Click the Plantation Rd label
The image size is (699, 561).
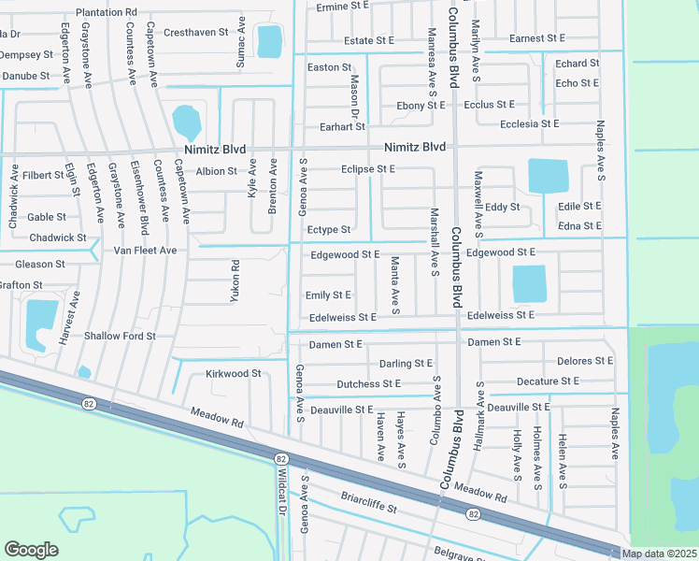(x=107, y=12)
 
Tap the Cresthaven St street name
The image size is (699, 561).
(x=195, y=32)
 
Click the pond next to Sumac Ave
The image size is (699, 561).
(x=269, y=40)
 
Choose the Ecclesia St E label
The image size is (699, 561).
(x=529, y=123)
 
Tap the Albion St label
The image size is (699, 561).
(x=217, y=171)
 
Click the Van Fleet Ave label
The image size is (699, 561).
(x=145, y=251)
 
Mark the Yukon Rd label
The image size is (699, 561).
(x=235, y=278)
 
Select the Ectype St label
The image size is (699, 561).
(x=329, y=230)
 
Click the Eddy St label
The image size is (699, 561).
(x=502, y=207)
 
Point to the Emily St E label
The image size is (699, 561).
(x=329, y=295)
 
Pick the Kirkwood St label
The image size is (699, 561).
(x=233, y=373)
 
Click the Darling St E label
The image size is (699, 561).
(x=406, y=363)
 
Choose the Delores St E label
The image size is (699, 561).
(x=584, y=361)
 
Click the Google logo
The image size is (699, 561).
(x=31, y=550)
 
